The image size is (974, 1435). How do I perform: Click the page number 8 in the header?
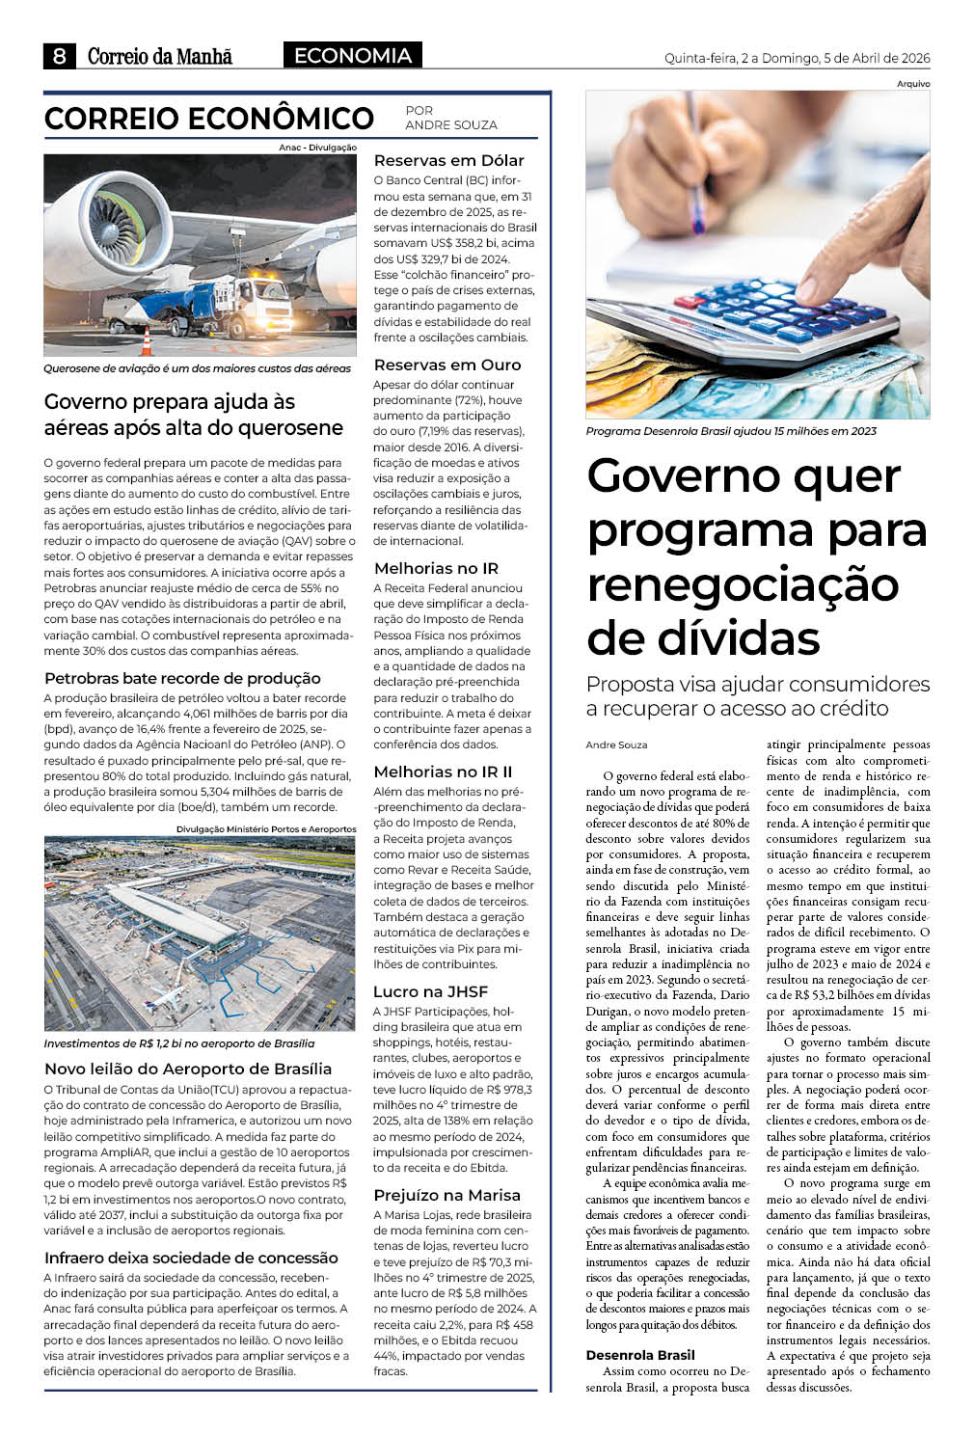tap(60, 57)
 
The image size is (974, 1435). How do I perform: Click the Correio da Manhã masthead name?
tap(160, 57)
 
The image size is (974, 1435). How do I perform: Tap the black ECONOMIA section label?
tap(352, 56)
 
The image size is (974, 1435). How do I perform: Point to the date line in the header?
tap(797, 58)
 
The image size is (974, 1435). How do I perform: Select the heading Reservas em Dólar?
tap(448, 160)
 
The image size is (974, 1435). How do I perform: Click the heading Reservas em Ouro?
tap(446, 365)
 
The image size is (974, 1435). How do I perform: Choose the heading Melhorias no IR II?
tap(443, 772)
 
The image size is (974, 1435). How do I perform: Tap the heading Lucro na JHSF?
tap(430, 991)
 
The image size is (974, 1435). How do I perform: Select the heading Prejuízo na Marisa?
tap(446, 1195)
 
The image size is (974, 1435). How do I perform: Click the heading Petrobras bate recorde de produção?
tap(182, 678)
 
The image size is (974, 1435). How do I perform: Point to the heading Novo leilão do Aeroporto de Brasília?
tap(188, 1069)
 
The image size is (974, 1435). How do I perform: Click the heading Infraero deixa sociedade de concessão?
tap(191, 1258)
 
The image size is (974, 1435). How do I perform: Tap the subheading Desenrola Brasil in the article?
tap(639, 1355)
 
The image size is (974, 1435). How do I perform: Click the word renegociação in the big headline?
tap(743, 584)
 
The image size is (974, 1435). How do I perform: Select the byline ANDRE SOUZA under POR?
tap(451, 125)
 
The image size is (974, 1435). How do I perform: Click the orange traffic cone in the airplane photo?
tap(148, 341)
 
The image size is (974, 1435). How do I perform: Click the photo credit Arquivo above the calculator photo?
tap(912, 84)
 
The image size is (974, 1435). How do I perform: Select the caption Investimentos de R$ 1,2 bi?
tap(178, 1043)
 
